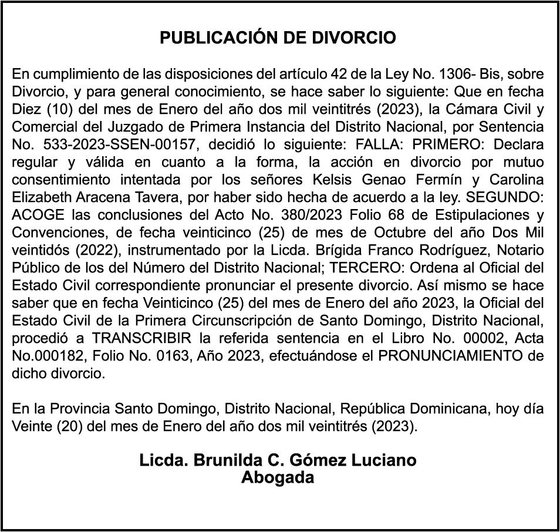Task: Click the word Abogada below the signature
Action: point(278,478)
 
